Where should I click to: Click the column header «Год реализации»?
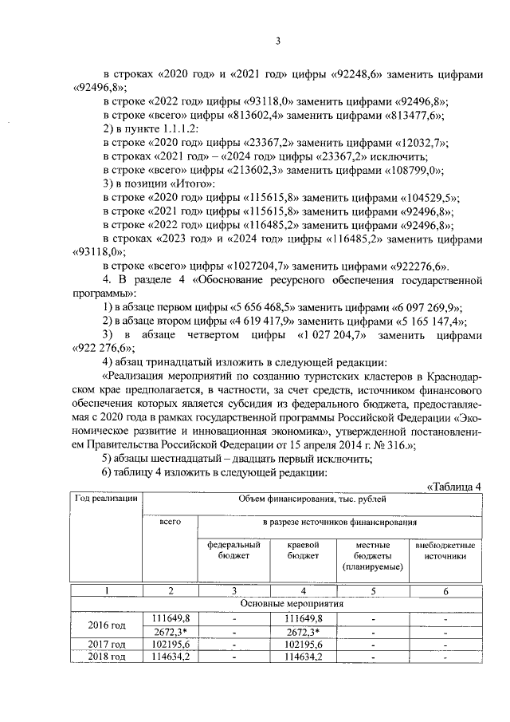click(x=108, y=499)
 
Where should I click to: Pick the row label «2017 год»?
click(x=108, y=644)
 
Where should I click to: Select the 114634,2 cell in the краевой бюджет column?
click(x=303, y=657)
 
